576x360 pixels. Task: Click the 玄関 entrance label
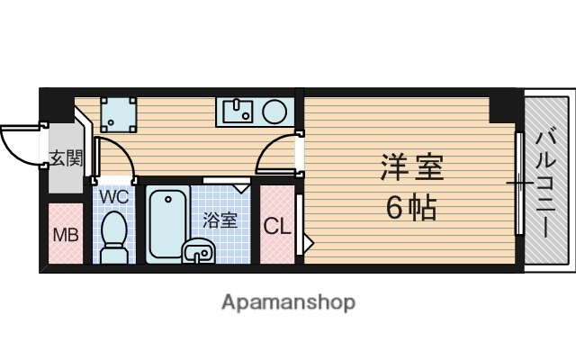point(65,159)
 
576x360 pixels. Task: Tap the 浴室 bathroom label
point(220,219)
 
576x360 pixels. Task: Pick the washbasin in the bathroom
point(199,252)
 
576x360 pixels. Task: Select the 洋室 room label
point(412,167)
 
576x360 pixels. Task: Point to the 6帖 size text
point(411,208)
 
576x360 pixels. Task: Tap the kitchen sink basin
point(238,112)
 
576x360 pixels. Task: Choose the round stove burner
point(274,112)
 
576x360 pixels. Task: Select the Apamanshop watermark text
point(288,302)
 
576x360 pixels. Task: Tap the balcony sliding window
point(518,184)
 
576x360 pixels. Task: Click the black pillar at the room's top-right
point(504,106)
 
